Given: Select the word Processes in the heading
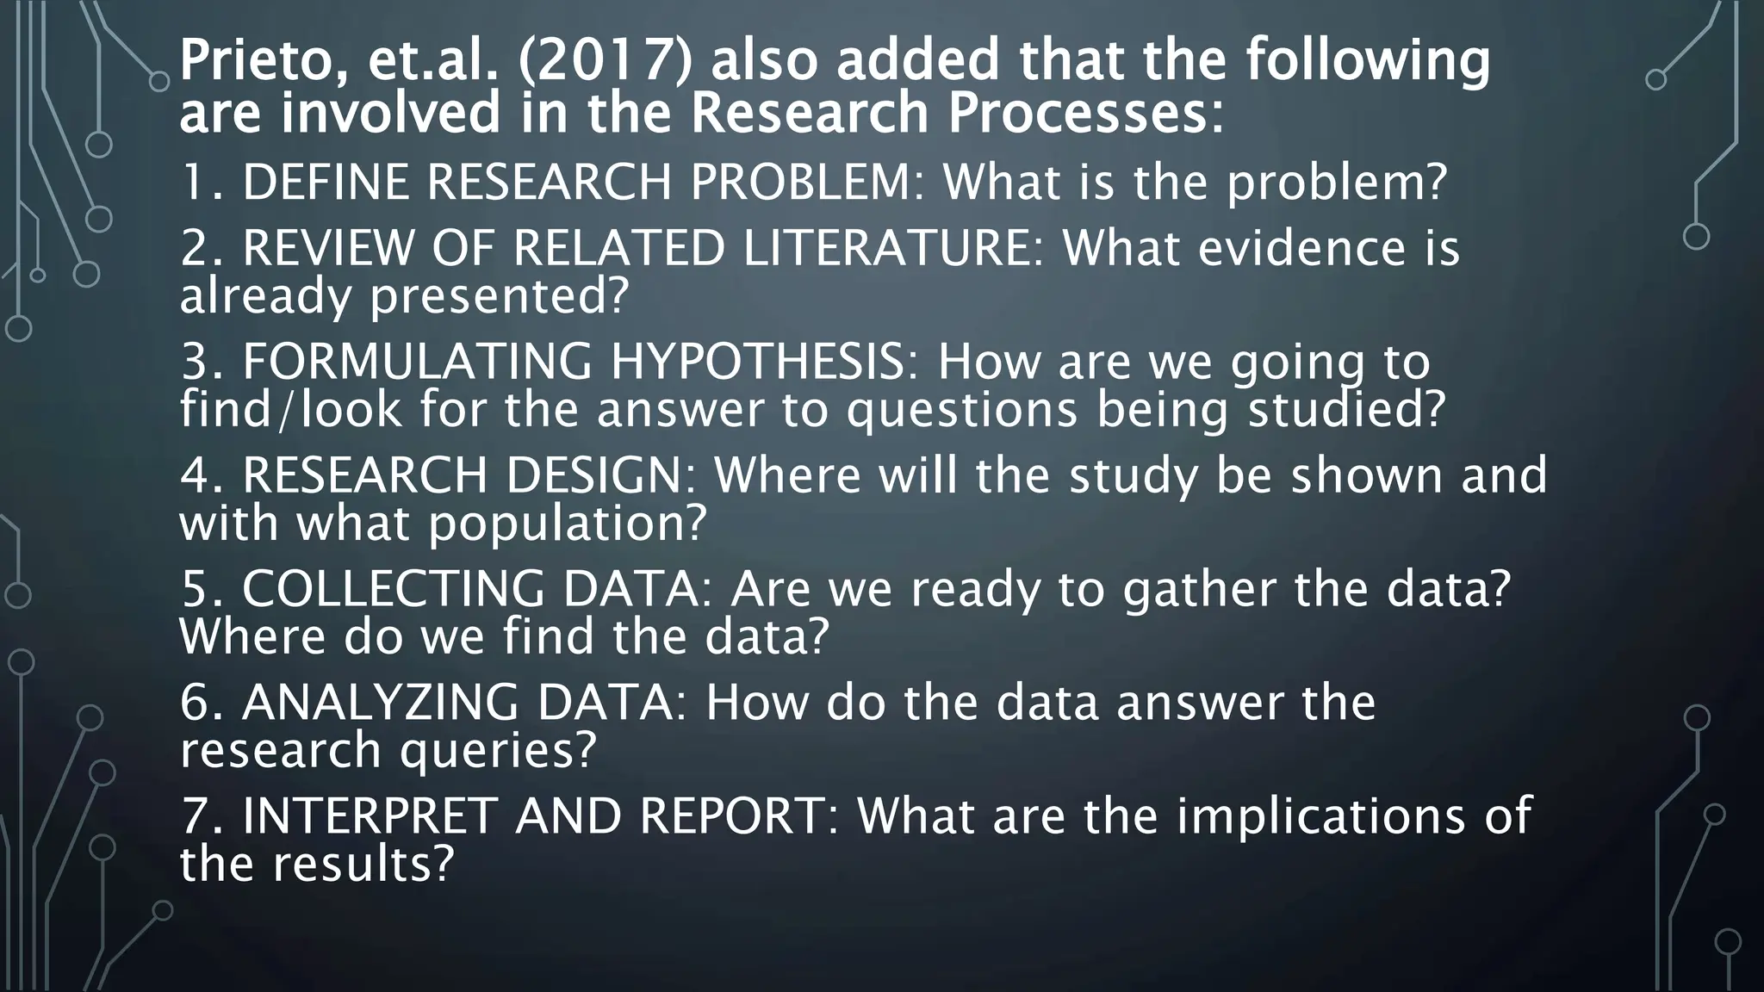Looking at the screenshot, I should (1085, 114).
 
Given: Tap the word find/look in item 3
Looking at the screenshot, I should (291, 409).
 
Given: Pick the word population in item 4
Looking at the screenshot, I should (568, 523).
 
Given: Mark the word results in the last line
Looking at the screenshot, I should (363, 864).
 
